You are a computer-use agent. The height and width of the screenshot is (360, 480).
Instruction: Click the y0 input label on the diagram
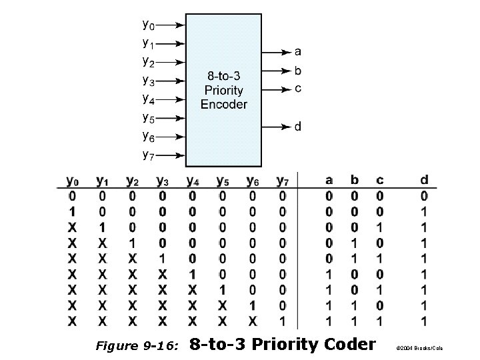pos(148,25)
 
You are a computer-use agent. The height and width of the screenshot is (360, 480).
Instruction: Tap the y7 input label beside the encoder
pos(148,155)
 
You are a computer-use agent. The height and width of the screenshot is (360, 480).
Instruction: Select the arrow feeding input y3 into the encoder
pos(171,82)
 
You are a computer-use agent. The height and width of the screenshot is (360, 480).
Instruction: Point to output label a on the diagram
pos(297,51)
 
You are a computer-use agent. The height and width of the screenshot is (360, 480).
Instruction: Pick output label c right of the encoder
pos(297,87)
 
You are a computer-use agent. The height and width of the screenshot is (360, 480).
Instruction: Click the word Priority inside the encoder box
pos(223,91)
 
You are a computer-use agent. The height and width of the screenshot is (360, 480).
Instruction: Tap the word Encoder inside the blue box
pos(223,104)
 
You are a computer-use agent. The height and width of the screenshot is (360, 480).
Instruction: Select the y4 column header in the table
pos(193,181)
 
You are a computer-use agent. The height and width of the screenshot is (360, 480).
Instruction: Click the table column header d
pos(425,180)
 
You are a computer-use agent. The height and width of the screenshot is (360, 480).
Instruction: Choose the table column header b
pos(354,180)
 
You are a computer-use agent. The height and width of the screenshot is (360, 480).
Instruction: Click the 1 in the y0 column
pos(71,211)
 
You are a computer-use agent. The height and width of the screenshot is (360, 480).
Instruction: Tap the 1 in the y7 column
pos(282,321)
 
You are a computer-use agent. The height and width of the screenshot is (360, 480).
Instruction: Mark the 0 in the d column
pos(425,196)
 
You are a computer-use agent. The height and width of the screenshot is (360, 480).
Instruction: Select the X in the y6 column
pos(252,321)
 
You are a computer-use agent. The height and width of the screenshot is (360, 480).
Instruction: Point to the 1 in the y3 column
pos(162,259)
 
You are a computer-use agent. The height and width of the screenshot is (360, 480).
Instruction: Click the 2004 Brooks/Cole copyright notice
pos(419,348)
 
